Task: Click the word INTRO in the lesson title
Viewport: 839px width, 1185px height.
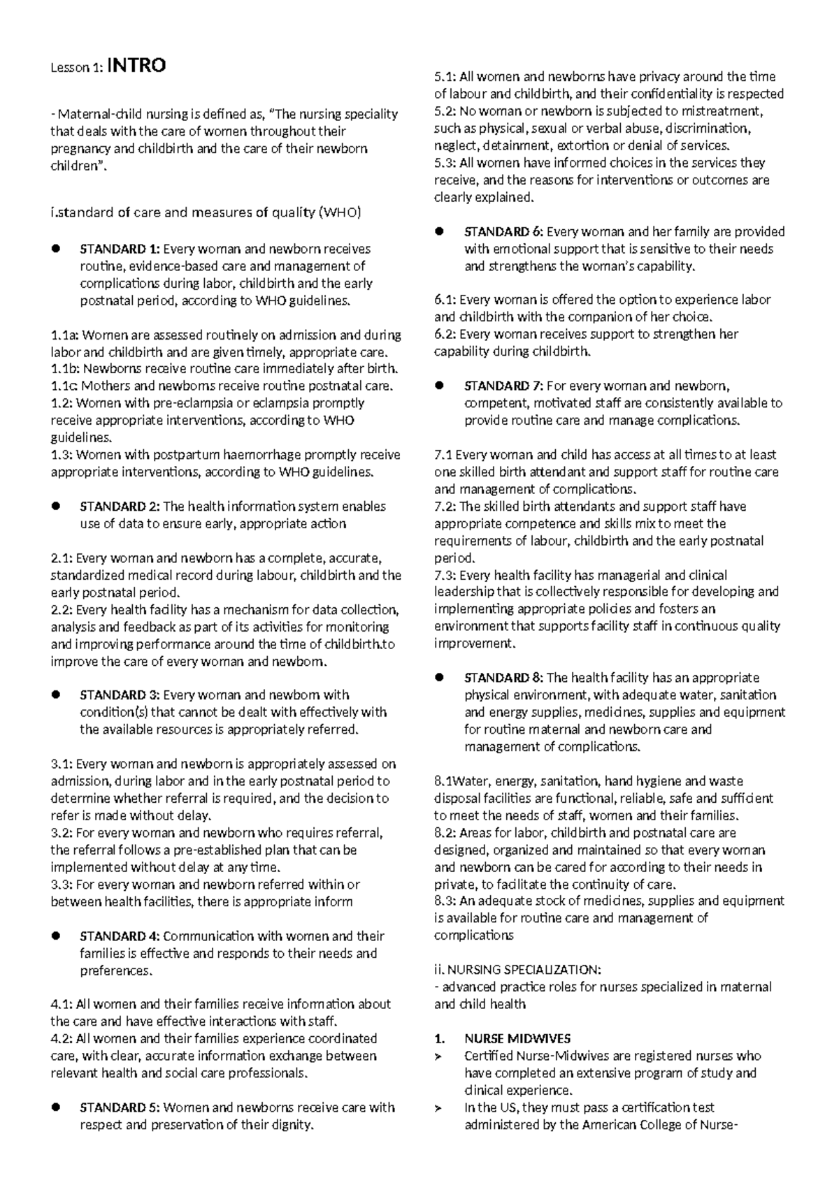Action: point(136,66)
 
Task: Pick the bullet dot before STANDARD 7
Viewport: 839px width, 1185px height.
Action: point(439,386)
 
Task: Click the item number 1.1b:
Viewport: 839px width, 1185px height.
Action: point(65,369)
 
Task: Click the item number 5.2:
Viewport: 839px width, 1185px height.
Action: point(445,111)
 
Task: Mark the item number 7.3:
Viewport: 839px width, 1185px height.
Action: point(445,575)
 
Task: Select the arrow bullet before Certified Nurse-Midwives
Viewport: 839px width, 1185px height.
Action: point(439,1056)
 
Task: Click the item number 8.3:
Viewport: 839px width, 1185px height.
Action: point(445,901)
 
